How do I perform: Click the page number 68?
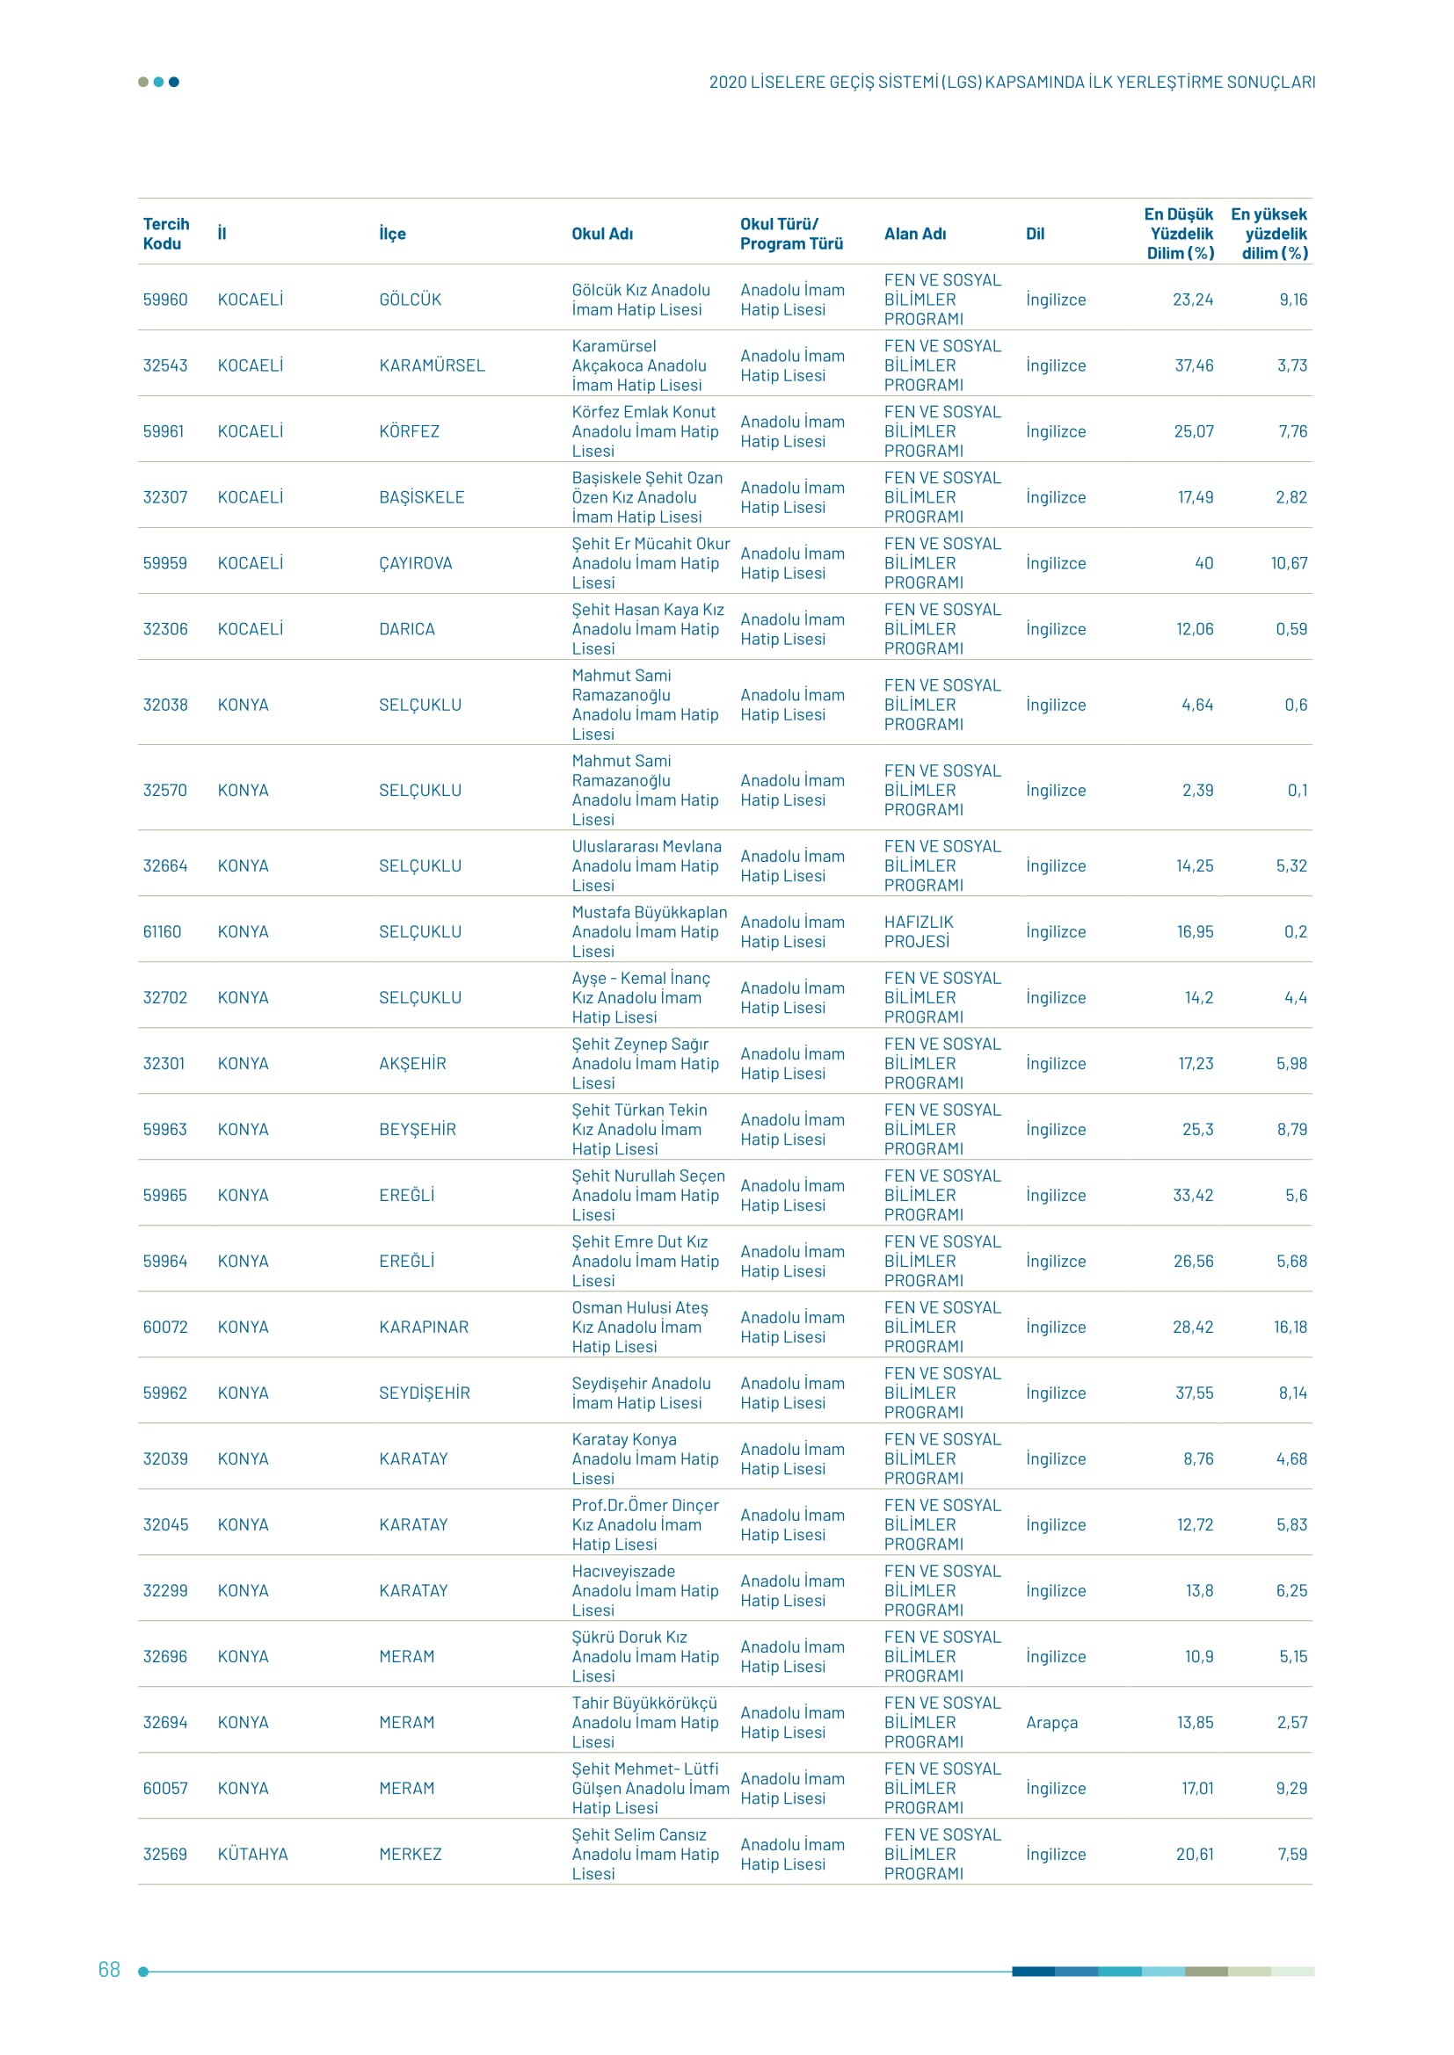click(109, 1969)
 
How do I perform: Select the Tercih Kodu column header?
click(165, 234)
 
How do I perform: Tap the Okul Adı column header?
click(601, 234)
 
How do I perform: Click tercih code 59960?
click(164, 300)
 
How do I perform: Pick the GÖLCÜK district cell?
click(410, 300)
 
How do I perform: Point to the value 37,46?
click(1194, 365)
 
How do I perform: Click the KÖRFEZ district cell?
click(409, 431)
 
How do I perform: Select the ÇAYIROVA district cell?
click(416, 563)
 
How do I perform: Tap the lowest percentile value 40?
click(1203, 563)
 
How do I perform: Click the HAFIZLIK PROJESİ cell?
click(919, 931)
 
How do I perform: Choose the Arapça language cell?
click(1051, 1723)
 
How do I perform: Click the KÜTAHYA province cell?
click(252, 1855)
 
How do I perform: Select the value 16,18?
click(1290, 1328)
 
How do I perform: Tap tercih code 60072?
click(164, 1328)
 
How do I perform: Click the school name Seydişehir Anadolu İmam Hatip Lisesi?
click(640, 1393)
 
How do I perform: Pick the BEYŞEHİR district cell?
click(418, 1130)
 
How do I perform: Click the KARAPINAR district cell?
click(424, 1328)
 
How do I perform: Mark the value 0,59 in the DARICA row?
click(1291, 629)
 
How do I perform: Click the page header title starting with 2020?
click(1012, 83)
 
